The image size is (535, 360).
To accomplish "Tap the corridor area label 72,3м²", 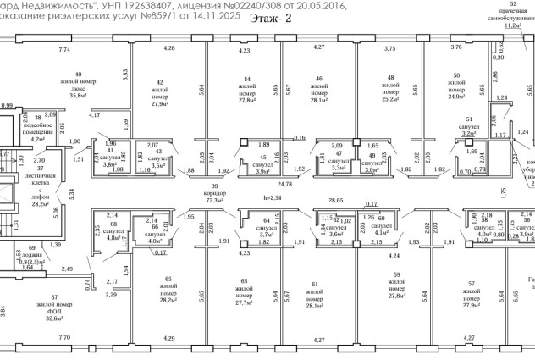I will (215, 200).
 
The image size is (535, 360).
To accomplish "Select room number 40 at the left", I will (79, 75).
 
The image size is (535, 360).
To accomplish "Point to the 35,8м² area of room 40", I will (79, 96).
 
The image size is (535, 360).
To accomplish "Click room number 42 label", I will (160, 81).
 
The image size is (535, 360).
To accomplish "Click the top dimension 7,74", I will (64, 52).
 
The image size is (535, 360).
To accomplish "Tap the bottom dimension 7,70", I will (64, 338).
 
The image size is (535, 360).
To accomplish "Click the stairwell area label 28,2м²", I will (41, 204).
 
